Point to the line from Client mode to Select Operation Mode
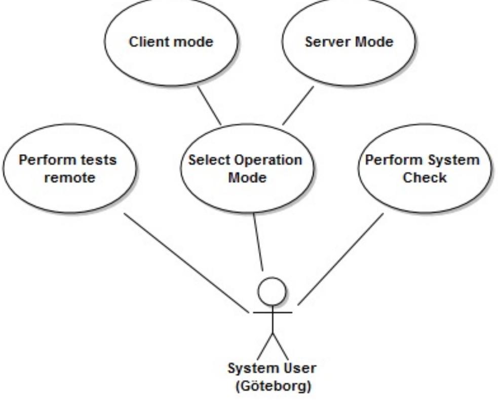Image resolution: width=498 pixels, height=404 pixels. tap(209, 105)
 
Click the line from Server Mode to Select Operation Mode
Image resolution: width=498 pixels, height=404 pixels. tap(298, 105)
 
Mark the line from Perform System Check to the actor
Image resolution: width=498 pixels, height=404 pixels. tap(340, 259)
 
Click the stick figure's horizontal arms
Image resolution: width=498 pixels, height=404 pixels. tap(273, 312)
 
